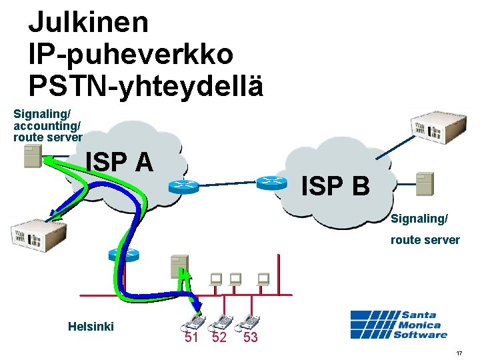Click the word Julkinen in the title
[x=88, y=23]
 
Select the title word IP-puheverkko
[x=131, y=54]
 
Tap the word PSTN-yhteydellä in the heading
[x=145, y=85]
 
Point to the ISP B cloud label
[x=335, y=186]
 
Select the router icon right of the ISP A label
[x=180, y=186]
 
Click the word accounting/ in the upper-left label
[x=47, y=125]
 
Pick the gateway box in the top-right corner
[x=435, y=125]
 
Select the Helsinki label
[x=91, y=326]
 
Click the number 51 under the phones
[x=191, y=337]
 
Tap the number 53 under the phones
[x=250, y=337]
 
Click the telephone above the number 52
[x=221, y=322]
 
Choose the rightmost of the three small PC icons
[x=263, y=279]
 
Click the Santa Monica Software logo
[x=399, y=324]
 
